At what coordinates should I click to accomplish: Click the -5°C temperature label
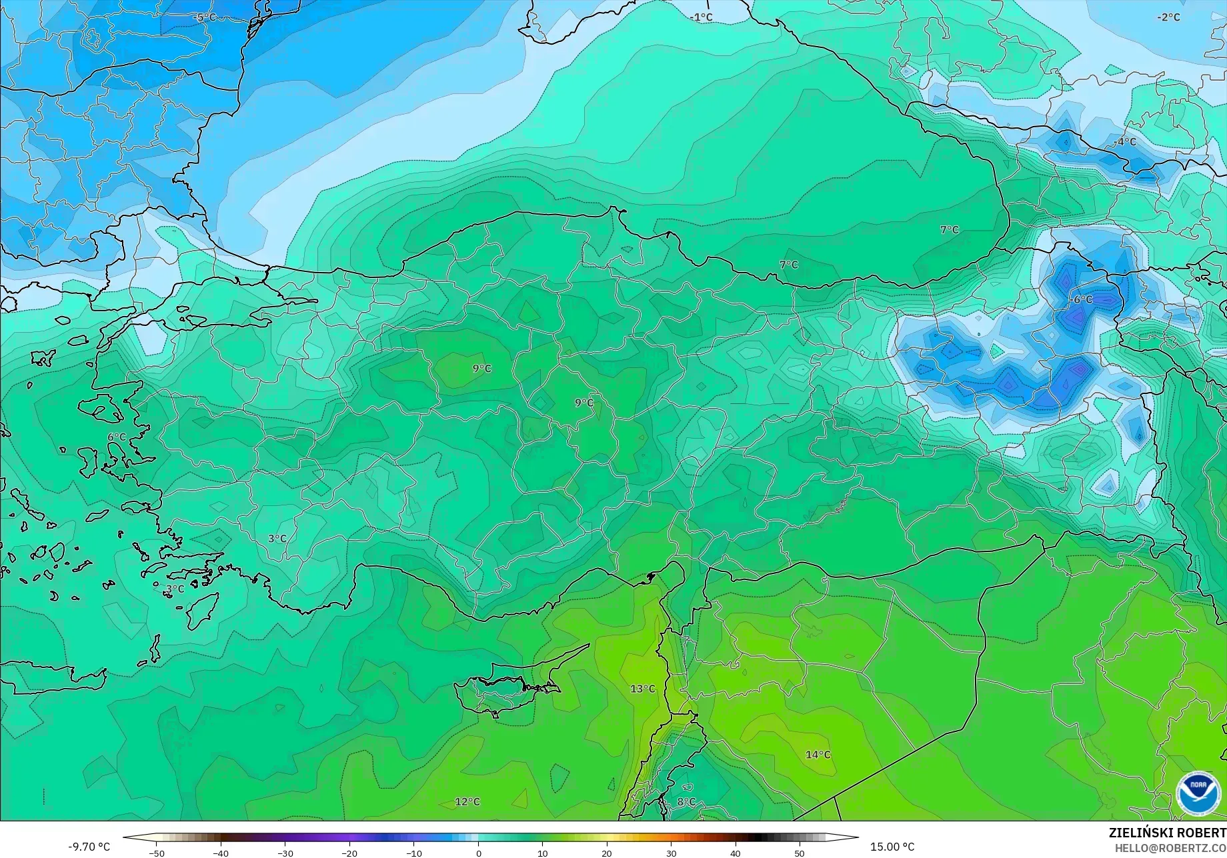(x=206, y=17)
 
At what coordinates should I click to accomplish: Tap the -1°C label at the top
(x=702, y=17)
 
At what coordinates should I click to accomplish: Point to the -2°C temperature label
(x=1168, y=17)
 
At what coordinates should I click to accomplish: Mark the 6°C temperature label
(x=117, y=437)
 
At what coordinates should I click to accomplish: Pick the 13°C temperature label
(x=643, y=689)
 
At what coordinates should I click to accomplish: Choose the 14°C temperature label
(x=818, y=755)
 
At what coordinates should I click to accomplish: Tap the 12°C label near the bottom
(x=467, y=801)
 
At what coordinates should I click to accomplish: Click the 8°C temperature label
(x=686, y=801)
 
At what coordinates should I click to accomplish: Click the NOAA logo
(x=1198, y=793)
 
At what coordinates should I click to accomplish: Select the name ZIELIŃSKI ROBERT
(x=1167, y=833)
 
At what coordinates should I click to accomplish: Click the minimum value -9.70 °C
(x=89, y=847)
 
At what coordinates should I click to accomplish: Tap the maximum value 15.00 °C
(x=892, y=847)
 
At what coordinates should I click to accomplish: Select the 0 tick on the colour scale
(x=478, y=853)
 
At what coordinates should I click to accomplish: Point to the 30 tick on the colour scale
(x=671, y=853)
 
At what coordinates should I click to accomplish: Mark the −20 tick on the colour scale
(x=349, y=853)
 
